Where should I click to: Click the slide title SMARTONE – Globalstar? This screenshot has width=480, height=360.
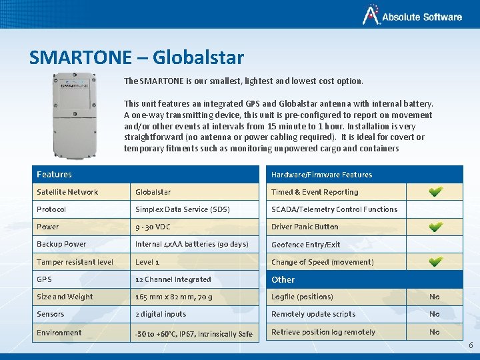coord(136,58)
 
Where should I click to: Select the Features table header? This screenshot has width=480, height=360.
coord(55,175)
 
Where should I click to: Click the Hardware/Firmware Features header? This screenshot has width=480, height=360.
coord(321,175)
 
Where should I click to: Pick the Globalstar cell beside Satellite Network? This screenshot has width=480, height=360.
coord(153,192)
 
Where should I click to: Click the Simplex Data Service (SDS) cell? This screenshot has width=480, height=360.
coord(182,209)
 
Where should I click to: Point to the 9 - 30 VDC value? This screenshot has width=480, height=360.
coord(153,227)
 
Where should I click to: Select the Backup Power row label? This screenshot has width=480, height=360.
coord(61,244)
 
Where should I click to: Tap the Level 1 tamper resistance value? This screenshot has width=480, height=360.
coord(147,262)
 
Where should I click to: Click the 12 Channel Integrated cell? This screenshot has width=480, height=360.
coord(173,279)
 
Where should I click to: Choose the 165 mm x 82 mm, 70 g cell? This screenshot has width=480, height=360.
coord(173,297)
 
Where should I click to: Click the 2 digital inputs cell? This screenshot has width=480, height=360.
coord(161,314)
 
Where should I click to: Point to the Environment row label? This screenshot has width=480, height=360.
coord(59,333)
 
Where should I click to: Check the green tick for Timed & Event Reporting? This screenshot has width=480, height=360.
coord(435,192)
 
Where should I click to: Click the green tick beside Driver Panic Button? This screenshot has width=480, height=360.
coord(435,227)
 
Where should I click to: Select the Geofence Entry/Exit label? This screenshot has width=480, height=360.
coord(305,245)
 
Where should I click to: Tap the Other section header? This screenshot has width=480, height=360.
coord(283,279)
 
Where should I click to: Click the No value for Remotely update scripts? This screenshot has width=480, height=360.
coord(435,314)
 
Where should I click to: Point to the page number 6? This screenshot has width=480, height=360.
coord(471,345)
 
